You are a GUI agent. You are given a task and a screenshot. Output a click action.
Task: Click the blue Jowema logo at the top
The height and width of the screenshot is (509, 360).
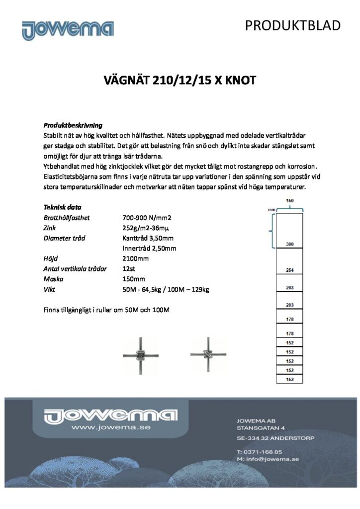[68, 30]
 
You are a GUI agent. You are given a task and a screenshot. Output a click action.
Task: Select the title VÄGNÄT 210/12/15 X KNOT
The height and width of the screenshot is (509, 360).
[180, 80]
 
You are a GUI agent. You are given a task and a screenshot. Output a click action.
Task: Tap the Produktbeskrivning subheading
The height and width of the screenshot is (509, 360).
[73, 125]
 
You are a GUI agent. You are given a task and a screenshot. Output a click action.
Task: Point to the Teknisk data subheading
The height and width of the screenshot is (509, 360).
[62, 207]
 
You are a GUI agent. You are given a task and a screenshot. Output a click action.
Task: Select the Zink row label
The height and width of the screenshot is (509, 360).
[50, 228]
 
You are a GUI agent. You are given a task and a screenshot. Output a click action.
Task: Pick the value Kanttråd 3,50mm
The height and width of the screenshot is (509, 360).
[148, 238]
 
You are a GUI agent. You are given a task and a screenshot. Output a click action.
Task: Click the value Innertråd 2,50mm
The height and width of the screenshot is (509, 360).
[149, 249]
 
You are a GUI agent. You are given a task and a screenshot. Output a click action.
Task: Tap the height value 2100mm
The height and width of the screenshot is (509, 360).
[135, 258]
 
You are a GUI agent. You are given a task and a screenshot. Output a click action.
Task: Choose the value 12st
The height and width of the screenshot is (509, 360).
[128, 269]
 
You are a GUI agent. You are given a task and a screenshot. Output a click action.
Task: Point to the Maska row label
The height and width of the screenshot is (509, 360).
[53, 279]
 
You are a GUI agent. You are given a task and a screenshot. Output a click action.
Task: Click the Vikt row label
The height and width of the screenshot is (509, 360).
[49, 289]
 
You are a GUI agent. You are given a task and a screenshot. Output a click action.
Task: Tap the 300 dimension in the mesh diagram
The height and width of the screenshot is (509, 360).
[289, 245]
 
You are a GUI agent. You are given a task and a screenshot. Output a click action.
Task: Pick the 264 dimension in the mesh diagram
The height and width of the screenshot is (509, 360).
[289, 270]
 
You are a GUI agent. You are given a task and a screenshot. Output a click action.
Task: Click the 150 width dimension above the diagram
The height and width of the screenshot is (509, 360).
[289, 201]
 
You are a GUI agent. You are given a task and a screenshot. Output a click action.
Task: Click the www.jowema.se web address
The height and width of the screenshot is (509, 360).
[110, 427]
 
